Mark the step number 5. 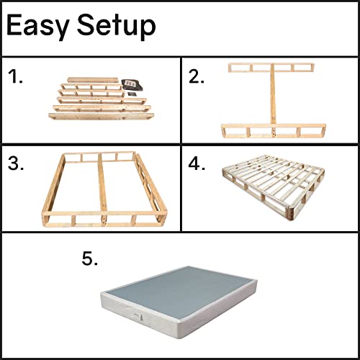click(x=90, y=258)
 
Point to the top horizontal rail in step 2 click(x=273, y=69)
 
